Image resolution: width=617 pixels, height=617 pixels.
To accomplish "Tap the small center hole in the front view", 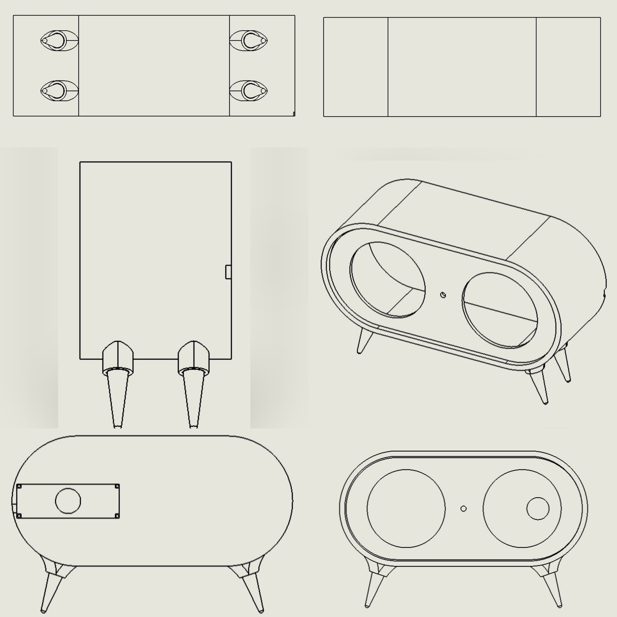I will (463, 508).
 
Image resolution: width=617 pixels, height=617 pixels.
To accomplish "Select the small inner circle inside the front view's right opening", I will (538, 508).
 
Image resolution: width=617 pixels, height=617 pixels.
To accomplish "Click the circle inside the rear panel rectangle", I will (68, 501).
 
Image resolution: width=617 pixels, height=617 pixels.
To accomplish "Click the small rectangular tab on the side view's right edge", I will (228, 272).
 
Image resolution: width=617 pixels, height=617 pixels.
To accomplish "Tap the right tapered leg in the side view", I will (193, 399).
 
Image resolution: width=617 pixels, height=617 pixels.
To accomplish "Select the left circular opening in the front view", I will (406, 508).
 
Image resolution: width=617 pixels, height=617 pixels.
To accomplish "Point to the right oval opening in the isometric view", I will (500, 310).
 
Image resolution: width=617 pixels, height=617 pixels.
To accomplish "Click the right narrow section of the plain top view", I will (568, 67).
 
